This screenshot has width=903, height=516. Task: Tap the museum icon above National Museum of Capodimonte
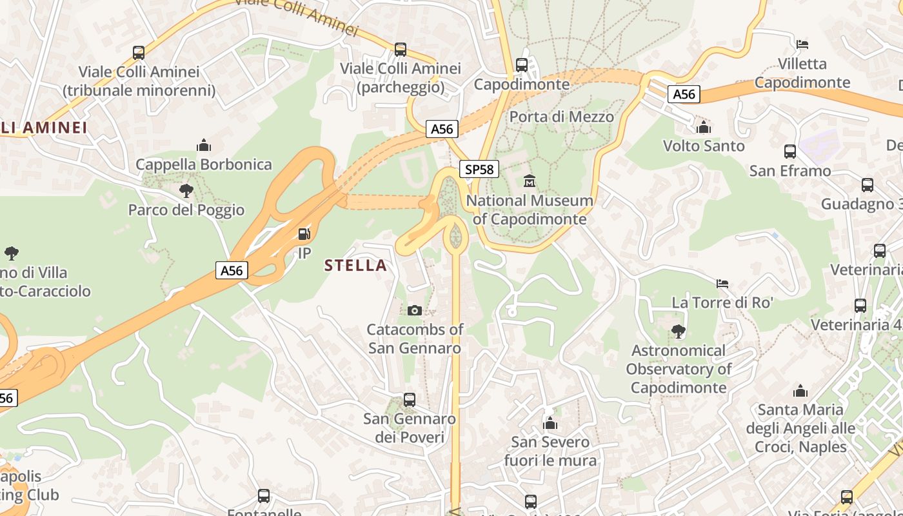[530, 181]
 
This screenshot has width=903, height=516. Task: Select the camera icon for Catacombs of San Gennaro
[415, 310]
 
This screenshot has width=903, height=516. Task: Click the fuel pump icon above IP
[304, 234]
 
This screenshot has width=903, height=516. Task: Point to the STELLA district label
[355, 265]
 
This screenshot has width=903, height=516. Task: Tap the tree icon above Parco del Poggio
[186, 190]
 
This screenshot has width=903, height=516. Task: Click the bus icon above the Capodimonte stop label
[522, 64]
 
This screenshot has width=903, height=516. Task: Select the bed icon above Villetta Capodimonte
[802, 45]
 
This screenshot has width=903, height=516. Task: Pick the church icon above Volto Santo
[704, 127]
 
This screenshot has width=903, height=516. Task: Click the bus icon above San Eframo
[790, 152]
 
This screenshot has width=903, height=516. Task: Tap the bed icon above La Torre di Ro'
[722, 283]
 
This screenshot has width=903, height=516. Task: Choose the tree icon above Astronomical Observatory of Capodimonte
[678, 332]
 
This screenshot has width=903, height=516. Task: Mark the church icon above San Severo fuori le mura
[550, 423]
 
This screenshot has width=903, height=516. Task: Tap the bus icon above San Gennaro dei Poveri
[409, 399]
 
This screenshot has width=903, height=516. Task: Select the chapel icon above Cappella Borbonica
[204, 145]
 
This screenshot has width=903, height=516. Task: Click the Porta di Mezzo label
[561, 117]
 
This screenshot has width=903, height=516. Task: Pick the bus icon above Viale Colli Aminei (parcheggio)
[401, 49]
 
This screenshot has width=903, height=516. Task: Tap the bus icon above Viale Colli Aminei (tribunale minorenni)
[139, 52]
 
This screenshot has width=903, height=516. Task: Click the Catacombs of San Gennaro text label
[415, 339]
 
